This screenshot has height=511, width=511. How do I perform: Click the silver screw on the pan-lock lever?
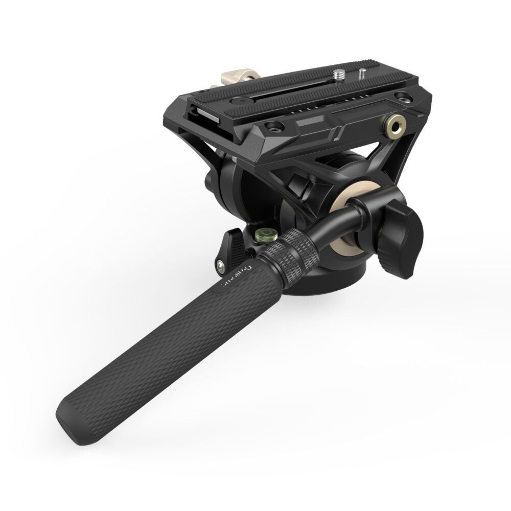220,264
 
